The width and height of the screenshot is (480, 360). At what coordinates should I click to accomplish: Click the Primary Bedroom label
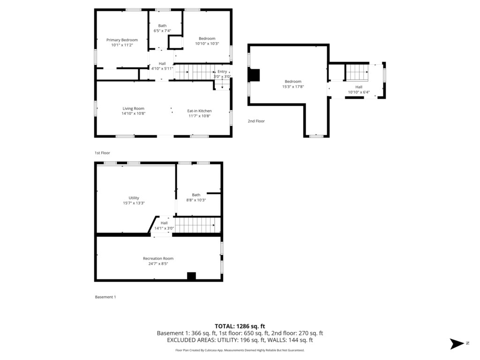click(x=122, y=40)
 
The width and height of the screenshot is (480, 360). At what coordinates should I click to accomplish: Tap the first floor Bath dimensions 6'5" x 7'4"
click(x=162, y=30)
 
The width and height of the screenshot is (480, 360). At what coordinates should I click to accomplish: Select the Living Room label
click(x=133, y=108)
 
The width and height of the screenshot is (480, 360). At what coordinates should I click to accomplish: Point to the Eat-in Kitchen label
click(x=199, y=111)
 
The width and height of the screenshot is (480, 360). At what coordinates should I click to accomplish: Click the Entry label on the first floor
click(x=222, y=71)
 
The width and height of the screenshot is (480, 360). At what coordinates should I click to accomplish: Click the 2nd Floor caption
click(x=256, y=121)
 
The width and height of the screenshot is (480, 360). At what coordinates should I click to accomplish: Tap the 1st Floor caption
click(x=102, y=153)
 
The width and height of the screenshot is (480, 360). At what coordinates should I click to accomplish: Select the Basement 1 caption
click(x=105, y=297)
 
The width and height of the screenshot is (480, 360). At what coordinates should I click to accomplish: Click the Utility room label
click(x=134, y=198)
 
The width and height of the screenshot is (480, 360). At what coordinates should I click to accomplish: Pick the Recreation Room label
click(x=158, y=258)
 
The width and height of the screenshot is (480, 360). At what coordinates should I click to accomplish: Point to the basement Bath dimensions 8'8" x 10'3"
click(x=196, y=200)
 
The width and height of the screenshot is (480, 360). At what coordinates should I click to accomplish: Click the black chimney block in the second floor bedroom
click(x=254, y=75)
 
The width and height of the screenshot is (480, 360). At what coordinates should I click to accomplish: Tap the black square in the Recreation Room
click(x=191, y=276)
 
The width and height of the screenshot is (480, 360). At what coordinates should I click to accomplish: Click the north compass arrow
click(x=457, y=344)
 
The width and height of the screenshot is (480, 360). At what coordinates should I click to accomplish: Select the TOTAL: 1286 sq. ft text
click(x=240, y=326)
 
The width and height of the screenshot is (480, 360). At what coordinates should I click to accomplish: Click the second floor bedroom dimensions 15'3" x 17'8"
click(x=293, y=87)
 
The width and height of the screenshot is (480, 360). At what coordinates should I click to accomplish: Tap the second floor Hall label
click(x=359, y=87)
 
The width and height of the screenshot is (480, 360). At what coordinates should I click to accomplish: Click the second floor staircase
click(x=357, y=72)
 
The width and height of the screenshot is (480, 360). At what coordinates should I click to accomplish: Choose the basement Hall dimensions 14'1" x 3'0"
click(x=164, y=228)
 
